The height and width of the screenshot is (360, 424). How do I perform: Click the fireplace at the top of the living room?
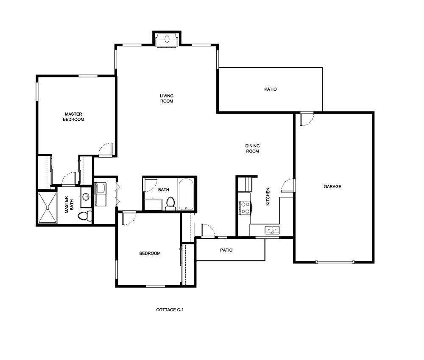tap(167, 39)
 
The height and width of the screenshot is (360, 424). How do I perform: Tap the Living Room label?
tap(167, 98)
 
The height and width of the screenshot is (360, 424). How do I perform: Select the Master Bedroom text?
tap(73, 116)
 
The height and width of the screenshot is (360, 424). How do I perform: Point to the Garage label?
tap(332, 186)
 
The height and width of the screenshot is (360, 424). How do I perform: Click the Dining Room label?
tap(252, 148)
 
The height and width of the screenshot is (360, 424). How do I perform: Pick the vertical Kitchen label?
tap(268, 197)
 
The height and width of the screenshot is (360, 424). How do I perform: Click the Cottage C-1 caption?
tap(170, 310)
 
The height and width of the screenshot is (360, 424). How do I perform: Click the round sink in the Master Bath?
tap(85, 197)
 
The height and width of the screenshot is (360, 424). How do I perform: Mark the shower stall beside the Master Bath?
tap(47, 207)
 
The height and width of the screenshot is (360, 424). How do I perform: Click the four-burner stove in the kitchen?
tap(245, 208)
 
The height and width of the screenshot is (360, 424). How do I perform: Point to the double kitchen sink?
tap(271, 230)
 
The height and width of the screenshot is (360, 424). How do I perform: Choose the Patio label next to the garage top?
tap(271, 89)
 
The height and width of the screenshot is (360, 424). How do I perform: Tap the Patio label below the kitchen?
tap(226, 250)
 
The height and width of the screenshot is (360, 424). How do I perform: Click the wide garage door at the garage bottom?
tap(335, 262)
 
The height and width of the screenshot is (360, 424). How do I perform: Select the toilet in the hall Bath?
tap(171, 203)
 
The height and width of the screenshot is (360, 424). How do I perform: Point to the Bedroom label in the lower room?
tap(150, 253)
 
